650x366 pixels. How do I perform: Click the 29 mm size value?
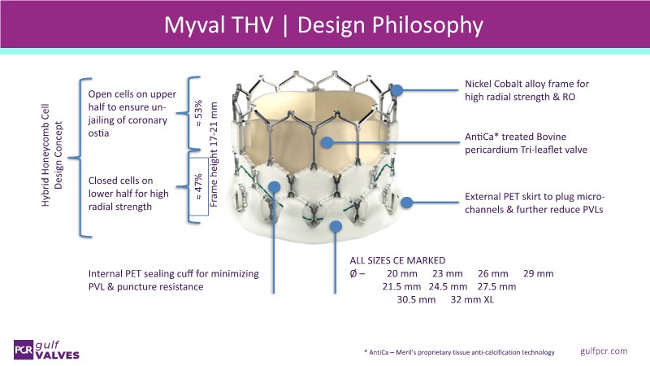point(538,272)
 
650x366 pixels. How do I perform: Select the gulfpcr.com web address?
point(604,350)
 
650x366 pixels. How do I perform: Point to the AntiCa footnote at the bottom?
point(459,351)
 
